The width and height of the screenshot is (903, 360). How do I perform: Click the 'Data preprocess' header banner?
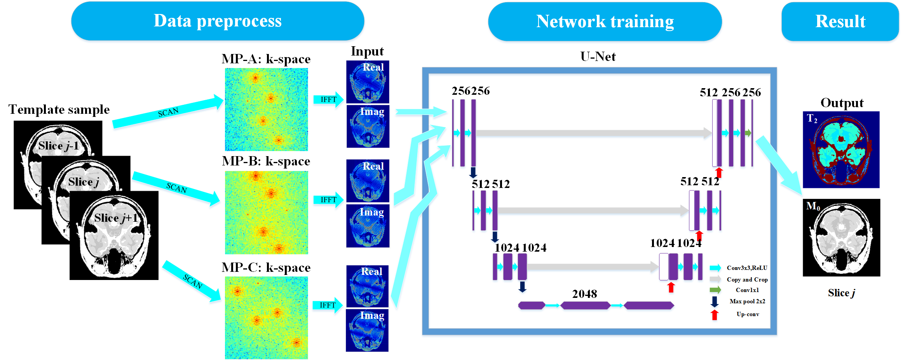coord(218,21)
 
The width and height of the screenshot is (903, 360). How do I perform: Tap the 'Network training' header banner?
coord(605,22)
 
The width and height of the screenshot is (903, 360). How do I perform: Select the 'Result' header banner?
coord(840,22)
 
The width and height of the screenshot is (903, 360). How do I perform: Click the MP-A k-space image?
coord(266,110)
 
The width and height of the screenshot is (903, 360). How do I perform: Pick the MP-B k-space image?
coord(266,212)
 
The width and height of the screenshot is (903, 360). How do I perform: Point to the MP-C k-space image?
coord(266,318)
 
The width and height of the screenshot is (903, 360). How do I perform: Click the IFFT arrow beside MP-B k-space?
coord(328,200)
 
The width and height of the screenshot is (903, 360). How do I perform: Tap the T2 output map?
coord(841,150)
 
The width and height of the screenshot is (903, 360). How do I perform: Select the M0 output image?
coord(841,238)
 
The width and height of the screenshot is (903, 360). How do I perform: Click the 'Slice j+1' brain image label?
coord(116,218)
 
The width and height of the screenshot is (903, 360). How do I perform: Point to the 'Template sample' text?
coord(59,110)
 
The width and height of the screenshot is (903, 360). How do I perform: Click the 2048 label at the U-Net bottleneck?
coord(584,294)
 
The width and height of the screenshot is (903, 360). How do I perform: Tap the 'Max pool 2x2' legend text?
coord(747,301)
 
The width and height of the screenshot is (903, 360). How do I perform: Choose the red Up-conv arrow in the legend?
coord(714,315)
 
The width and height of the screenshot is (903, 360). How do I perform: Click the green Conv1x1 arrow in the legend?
coord(715,290)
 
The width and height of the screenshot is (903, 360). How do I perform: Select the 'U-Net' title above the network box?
coord(598,57)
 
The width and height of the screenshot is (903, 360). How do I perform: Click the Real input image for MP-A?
coord(368,82)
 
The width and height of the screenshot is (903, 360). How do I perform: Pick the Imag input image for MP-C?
coord(367,330)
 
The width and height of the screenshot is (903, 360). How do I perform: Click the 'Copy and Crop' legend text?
coord(747,280)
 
